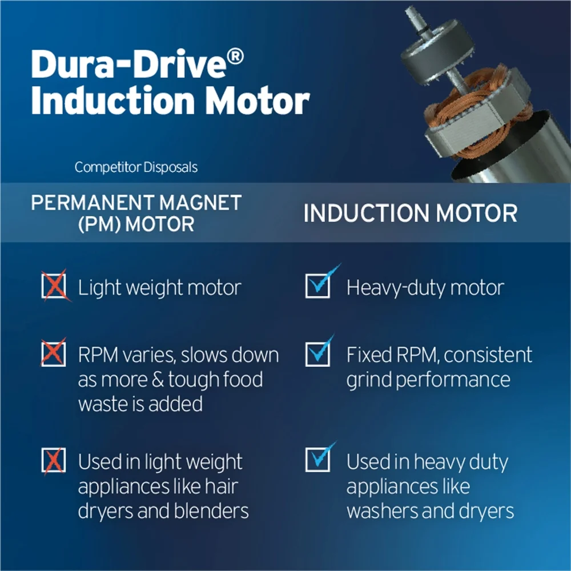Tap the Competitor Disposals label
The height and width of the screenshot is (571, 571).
point(136,167)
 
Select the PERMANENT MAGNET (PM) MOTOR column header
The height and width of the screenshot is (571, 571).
point(136,213)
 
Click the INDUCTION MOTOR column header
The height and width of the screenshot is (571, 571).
point(411,213)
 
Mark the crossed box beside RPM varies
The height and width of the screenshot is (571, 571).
point(54,352)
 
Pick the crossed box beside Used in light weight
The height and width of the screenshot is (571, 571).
point(54,461)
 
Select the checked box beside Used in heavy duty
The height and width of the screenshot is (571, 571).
point(320,458)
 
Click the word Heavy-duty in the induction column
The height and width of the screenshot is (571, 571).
point(396,288)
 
